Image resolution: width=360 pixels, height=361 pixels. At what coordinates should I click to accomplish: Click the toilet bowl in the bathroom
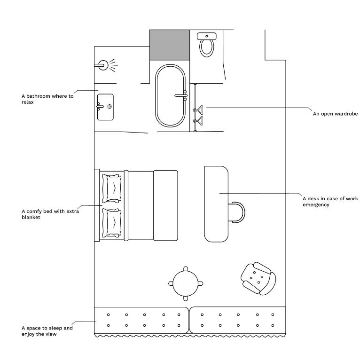206,48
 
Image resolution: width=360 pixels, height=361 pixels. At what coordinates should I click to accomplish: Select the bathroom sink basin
105,107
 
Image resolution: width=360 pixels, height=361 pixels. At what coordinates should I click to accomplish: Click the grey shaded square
170,45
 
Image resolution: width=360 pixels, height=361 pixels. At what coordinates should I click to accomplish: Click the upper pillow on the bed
112,188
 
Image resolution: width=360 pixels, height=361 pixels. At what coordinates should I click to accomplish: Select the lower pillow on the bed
112,223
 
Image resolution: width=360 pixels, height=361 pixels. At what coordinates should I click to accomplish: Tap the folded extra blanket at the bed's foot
165,205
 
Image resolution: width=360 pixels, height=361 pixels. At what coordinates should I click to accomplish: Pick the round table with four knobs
186,283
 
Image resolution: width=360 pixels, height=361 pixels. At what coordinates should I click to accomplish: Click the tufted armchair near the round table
258,279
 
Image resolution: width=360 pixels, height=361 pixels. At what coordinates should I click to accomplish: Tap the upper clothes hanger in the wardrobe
199,110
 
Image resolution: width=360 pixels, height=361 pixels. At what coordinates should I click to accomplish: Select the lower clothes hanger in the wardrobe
199,121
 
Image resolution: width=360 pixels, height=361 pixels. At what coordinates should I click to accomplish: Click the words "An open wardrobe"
335,114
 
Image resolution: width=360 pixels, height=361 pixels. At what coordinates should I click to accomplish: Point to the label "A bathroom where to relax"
47,99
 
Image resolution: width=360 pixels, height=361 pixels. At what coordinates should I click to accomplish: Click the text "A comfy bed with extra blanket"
50,214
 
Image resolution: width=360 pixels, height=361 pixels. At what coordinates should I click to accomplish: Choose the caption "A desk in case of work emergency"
330,202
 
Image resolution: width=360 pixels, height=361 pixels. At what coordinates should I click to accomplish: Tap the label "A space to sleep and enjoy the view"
47,331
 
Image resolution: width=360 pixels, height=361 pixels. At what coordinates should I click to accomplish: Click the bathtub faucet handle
181,95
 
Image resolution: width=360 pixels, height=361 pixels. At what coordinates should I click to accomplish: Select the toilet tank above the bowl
207,36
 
